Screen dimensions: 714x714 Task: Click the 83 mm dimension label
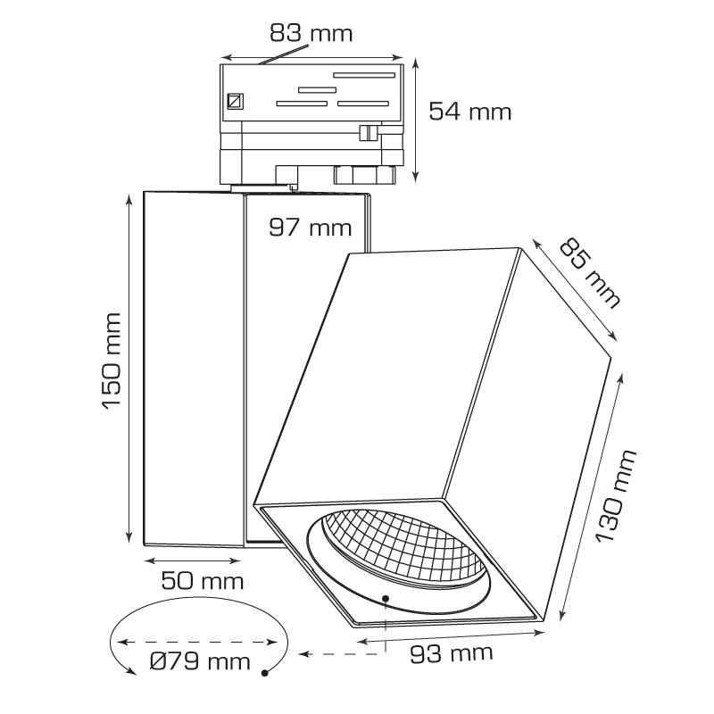point(311,34)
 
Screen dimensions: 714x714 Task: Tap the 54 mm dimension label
point(470,112)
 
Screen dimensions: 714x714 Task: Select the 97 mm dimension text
point(311,228)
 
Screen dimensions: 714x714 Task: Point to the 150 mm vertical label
point(112,361)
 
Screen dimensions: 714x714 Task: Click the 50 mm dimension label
point(203,581)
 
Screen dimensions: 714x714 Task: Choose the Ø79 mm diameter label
point(200,661)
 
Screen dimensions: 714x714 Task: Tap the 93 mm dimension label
point(452,653)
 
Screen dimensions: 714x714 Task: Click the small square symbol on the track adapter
point(235,101)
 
